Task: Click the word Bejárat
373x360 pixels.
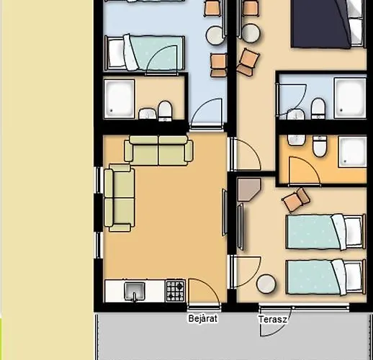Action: click(x=203, y=318)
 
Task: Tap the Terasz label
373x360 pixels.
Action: click(x=272, y=320)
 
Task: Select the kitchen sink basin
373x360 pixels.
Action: click(x=135, y=291)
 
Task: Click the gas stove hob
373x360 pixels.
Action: click(x=176, y=291)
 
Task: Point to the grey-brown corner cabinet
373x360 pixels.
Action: click(x=248, y=189)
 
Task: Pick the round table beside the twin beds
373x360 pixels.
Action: click(x=266, y=284)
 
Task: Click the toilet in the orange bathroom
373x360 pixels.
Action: click(x=320, y=145)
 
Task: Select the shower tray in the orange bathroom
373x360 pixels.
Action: click(x=352, y=151)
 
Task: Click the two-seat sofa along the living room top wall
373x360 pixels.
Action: click(x=158, y=150)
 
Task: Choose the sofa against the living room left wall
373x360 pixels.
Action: click(x=120, y=198)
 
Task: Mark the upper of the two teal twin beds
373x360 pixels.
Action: click(x=325, y=232)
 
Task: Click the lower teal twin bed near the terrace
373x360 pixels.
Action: click(x=325, y=277)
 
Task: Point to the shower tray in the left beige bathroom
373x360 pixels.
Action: click(x=119, y=99)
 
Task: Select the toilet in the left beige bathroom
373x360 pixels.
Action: click(x=165, y=111)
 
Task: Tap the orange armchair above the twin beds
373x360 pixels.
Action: click(x=296, y=199)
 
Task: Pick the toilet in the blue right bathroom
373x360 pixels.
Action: click(x=318, y=109)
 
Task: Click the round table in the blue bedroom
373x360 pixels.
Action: click(x=215, y=35)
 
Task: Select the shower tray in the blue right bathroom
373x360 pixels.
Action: click(x=350, y=98)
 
